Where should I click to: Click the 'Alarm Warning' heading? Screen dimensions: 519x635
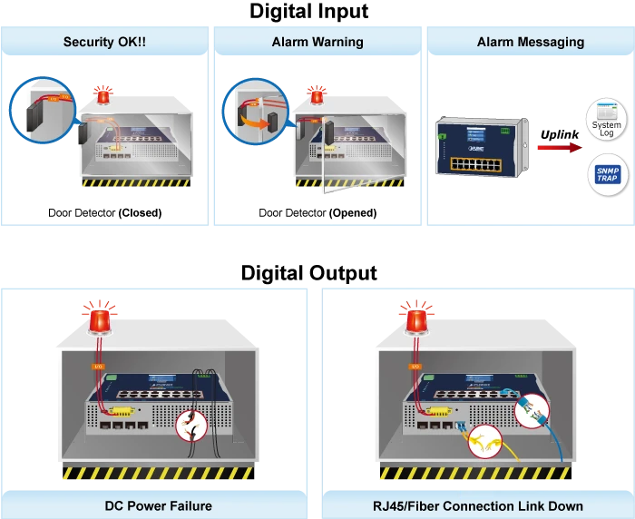[x=317, y=42]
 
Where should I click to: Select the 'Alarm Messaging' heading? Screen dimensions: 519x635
[x=531, y=42]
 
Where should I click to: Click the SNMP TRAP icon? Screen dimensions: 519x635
[x=605, y=175]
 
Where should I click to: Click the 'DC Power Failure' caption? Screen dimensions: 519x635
[x=159, y=505]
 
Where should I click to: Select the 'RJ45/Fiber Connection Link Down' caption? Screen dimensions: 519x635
[x=476, y=505]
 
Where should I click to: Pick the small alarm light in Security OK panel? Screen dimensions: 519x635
[x=103, y=93]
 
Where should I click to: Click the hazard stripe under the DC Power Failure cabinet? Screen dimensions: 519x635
[x=158, y=473]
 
